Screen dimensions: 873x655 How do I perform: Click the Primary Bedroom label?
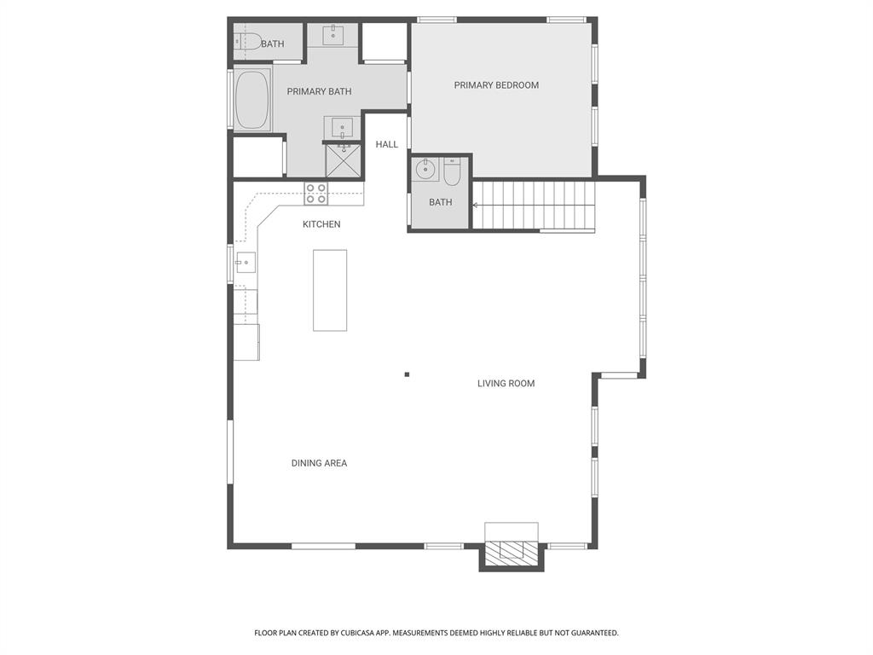click(496, 85)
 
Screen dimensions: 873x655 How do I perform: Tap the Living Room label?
click(506, 383)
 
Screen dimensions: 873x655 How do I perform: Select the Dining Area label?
click(319, 463)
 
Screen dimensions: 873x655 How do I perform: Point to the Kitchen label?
click(321, 224)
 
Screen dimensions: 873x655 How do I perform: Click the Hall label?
click(386, 144)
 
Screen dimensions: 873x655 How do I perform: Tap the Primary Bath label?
click(319, 91)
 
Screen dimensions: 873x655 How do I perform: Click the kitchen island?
click(330, 290)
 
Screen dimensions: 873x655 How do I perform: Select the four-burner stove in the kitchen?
click(315, 194)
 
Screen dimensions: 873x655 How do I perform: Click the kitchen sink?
click(246, 263)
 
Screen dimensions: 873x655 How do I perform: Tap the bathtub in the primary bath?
click(252, 100)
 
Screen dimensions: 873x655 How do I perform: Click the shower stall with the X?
click(343, 161)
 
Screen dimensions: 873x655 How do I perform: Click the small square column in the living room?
click(407, 374)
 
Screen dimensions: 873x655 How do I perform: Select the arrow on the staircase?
click(476, 205)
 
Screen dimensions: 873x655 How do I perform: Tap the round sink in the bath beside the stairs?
click(426, 170)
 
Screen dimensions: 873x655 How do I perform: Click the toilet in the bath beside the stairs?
click(452, 171)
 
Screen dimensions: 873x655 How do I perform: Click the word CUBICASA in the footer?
click(361, 633)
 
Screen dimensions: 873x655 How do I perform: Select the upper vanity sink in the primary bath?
click(333, 34)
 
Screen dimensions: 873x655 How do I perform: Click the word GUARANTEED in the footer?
click(595, 633)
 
